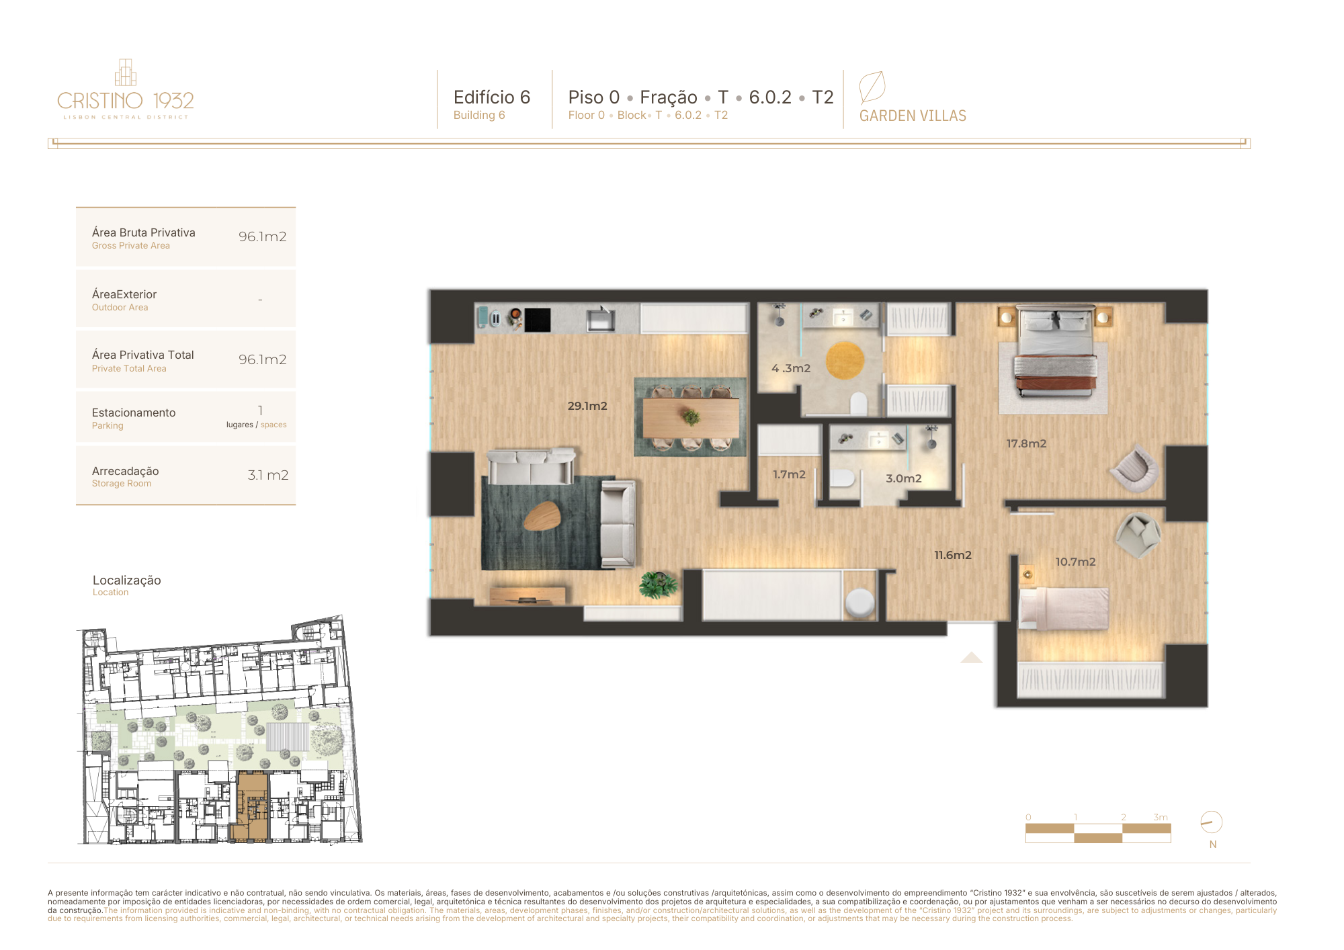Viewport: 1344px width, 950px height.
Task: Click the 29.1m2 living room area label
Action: pos(587,406)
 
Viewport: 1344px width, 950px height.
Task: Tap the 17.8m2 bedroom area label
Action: pos(1026,443)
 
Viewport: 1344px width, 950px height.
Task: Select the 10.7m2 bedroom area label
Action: pos(1075,562)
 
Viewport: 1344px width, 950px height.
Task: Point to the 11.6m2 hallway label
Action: pos(953,555)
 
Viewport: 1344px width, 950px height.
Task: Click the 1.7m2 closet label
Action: pos(789,474)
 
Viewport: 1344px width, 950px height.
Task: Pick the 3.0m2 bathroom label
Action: pos(904,478)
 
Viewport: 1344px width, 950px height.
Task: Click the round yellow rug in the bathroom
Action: pos(845,360)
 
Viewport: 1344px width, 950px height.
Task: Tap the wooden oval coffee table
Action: pos(542,515)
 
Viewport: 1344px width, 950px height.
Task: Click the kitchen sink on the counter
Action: pos(600,319)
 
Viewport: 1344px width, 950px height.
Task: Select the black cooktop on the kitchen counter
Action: pos(538,320)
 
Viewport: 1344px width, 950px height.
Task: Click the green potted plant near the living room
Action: pos(658,584)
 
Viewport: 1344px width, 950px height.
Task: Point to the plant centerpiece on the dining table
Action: pos(690,417)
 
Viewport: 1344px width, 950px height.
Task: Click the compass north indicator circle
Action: pos(1211,822)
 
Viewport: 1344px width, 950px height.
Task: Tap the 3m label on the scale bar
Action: pos(1161,817)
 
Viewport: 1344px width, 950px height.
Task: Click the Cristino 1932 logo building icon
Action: pos(126,73)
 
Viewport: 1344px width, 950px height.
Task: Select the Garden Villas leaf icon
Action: pos(872,87)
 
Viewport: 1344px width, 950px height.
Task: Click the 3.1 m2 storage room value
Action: pos(267,475)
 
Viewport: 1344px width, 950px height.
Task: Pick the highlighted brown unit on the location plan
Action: pos(250,806)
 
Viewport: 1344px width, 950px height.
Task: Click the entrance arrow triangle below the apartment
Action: pos(971,657)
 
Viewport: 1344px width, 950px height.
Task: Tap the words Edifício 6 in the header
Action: pos(492,97)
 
